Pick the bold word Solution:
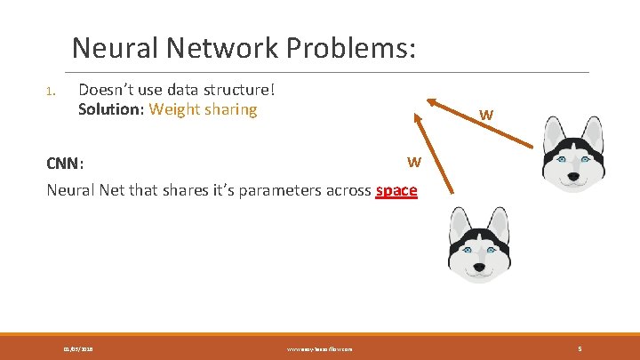tap(111, 110)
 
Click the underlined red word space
tap(396, 189)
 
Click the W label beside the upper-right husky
tap(486, 115)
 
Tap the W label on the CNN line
tap(413, 162)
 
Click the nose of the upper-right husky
tap(573, 176)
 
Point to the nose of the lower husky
tap(480, 266)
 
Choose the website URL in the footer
tap(320, 349)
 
